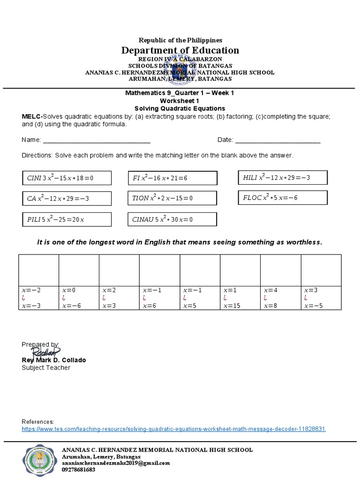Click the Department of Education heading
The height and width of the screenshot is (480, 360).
click(x=180, y=50)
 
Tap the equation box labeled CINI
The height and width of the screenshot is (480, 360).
click(x=67, y=178)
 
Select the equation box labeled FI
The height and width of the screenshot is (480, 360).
click(x=172, y=178)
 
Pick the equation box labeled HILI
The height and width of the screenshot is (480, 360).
click(x=283, y=177)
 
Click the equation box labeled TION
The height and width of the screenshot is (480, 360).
click(x=172, y=198)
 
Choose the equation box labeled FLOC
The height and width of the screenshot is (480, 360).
click(x=283, y=198)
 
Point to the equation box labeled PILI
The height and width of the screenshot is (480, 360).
click(x=67, y=219)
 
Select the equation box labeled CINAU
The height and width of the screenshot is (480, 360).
click(x=172, y=219)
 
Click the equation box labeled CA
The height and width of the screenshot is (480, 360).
click(x=67, y=199)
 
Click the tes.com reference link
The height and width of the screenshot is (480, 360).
click(x=173, y=429)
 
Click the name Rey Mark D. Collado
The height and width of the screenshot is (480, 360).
click(x=54, y=360)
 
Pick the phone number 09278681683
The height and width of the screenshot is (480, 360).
click(x=78, y=469)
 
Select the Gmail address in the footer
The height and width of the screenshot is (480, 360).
click(x=116, y=463)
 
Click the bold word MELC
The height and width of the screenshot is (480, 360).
click(x=31, y=116)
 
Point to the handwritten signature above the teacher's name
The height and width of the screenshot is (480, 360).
click(x=46, y=352)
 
